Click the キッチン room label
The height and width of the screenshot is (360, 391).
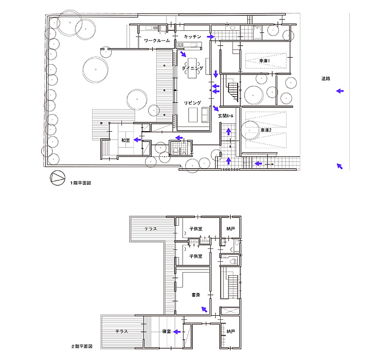(x=192, y=37)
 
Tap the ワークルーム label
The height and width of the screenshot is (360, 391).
(x=157, y=41)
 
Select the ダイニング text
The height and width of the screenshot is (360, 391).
(x=192, y=68)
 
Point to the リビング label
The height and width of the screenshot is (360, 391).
(x=192, y=103)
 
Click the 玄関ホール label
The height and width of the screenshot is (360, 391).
(x=226, y=116)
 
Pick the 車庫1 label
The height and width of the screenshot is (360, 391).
(x=264, y=61)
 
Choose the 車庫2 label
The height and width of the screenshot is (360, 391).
(x=266, y=130)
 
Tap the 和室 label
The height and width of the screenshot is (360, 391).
(x=126, y=140)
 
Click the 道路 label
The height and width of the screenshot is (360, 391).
(x=326, y=79)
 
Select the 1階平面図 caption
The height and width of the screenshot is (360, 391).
(x=81, y=183)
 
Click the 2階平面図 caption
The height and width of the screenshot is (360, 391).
(x=82, y=347)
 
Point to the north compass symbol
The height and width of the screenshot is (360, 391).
(x=58, y=178)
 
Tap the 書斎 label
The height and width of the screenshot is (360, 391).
(x=195, y=295)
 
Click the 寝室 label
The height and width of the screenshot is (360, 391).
(x=166, y=332)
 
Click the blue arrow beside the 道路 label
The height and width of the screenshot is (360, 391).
(x=340, y=91)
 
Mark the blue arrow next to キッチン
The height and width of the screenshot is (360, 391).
(x=211, y=37)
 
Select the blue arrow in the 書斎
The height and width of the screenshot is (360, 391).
(x=204, y=310)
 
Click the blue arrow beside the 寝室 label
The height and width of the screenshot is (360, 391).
(x=177, y=332)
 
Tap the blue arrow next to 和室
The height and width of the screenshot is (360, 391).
(x=137, y=140)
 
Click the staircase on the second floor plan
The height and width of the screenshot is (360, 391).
(x=234, y=286)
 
